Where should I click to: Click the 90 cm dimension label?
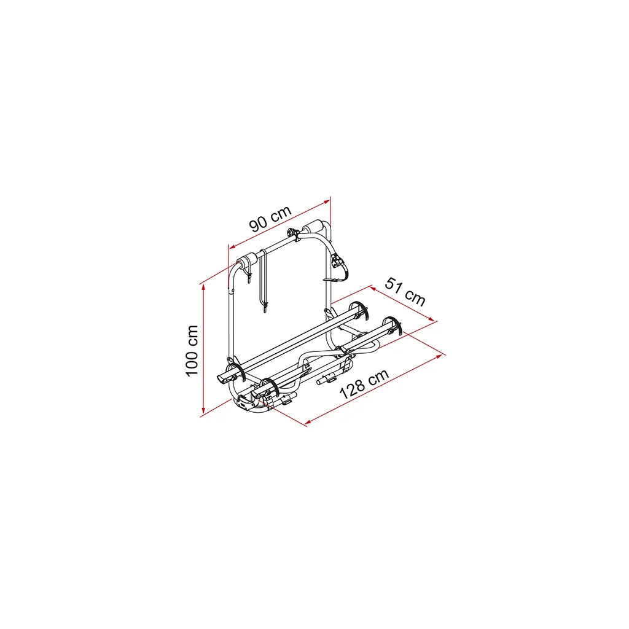(270, 219)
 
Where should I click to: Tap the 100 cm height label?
(192, 351)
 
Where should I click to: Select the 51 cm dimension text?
(405, 291)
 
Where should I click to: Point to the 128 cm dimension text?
(364, 384)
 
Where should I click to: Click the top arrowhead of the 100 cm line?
(203, 287)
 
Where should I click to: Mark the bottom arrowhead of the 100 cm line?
(203, 409)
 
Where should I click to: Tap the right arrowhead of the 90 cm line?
(327, 203)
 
